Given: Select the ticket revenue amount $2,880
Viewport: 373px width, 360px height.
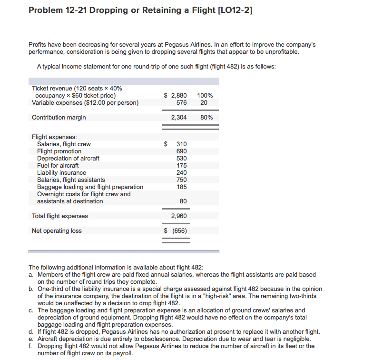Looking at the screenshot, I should click(176, 95).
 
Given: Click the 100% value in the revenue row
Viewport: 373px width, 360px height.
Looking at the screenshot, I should click(205, 95).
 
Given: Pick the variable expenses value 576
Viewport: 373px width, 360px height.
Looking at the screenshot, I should click(181, 102).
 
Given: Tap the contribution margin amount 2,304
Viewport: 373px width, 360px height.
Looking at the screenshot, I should click(179, 117).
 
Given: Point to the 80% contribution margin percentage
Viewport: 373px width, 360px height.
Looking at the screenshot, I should click(206, 117).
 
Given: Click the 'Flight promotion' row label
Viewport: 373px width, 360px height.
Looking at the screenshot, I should click(59, 151).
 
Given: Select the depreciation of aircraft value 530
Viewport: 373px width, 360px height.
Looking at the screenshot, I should click(181, 158).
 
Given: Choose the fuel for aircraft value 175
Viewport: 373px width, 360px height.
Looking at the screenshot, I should click(181, 165).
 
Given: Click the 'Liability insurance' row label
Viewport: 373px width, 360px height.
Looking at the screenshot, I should click(61, 172).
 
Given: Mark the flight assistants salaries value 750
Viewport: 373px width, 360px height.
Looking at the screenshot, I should click(181, 180).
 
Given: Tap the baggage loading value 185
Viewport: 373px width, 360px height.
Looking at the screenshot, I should click(181, 187).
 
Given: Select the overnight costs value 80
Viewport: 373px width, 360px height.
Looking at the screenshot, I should click(183, 201).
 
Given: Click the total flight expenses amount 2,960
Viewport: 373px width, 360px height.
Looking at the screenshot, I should click(179, 216).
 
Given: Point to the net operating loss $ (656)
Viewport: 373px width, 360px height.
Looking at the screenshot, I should click(176, 231).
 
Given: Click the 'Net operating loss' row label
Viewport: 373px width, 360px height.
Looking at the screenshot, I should click(57, 231).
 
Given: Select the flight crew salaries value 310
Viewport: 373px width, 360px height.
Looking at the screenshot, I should click(181, 144).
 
